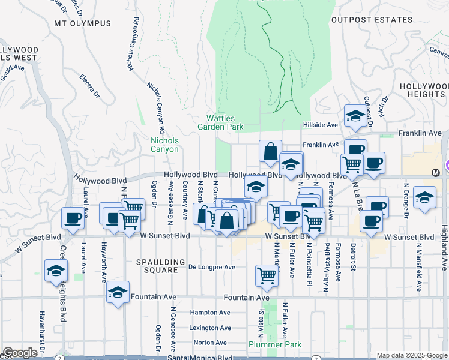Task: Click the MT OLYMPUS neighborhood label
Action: pyautogui.click(x=82, y=23)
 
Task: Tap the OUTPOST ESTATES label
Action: pyautogui.click(x=372, y=20)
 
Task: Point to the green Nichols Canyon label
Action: pyautogui.click(x=164, y=145)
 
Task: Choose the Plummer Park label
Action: pyautogui.click(x=275, y=344)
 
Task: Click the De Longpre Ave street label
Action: pyautogui.click(x=212, y=267)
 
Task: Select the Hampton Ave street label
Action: pyautogui.click(x=210, y=313)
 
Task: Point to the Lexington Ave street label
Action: pyautogui.click(x=210, y=328)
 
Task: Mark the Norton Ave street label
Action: pyautogui.click(x=210, y=343)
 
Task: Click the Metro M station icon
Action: pyautogui.click(x=436, y=172)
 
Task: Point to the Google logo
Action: pyautogui.click(x=20, y=353)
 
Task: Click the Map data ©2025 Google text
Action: pyautogui.click(x=412, y=355)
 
